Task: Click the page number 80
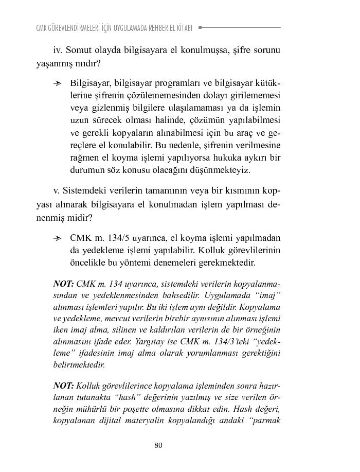coord(158,445)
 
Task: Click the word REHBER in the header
coord(148,28)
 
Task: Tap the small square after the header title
coord(200,27)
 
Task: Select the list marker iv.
coord(58,50)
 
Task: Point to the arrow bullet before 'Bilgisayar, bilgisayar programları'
coord(60,83)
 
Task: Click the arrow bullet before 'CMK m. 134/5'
coord(60,238)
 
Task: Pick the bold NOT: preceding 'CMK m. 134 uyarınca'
coord(63,284)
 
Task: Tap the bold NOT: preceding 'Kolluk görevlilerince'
coord(63,386)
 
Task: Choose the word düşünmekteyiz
coord(224,170)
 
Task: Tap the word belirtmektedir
coord(79,364)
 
